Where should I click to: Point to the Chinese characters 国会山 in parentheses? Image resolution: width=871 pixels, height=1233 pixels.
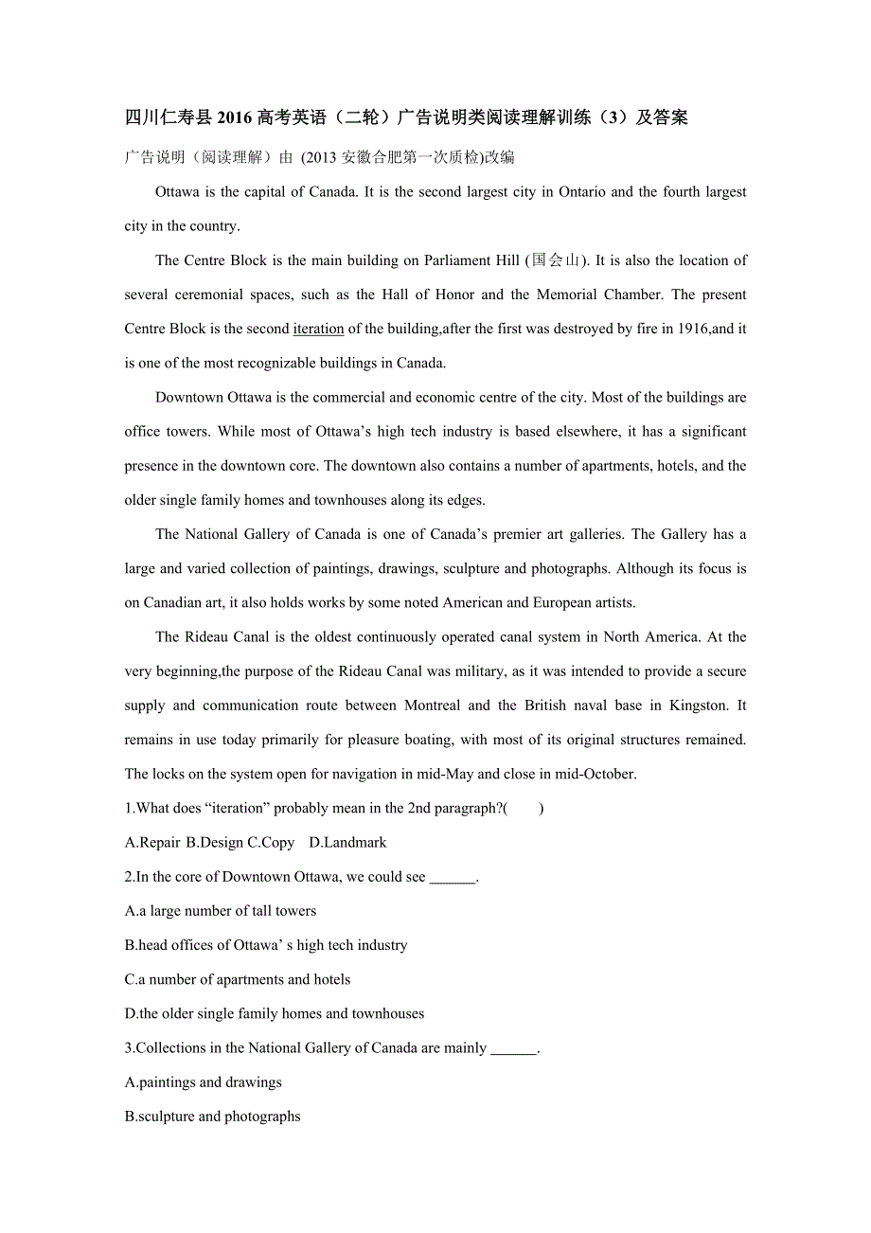555,260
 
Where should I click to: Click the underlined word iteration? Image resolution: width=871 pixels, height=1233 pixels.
318,330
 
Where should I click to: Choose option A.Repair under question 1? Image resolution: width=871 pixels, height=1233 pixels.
152,843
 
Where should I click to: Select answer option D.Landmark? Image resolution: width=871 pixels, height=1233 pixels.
347,843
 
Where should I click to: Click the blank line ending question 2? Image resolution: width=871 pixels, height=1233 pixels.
453,878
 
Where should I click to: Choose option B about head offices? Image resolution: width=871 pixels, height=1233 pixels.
266,945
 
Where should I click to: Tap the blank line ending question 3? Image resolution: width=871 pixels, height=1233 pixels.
514,1049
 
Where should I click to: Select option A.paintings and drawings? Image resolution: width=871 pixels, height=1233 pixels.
204,1082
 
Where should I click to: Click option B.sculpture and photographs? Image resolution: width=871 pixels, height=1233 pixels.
213,1117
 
